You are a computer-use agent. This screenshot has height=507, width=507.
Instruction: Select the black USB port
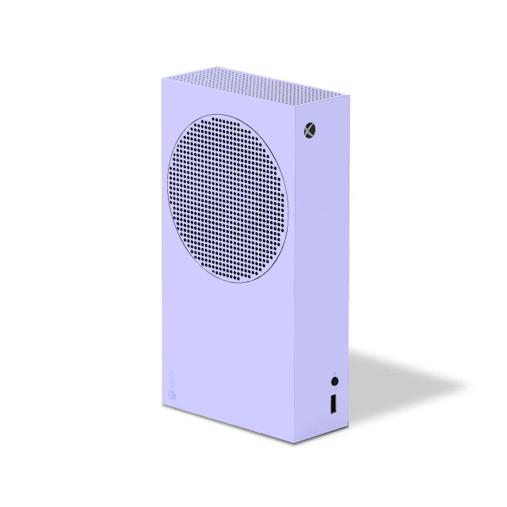[333, 403]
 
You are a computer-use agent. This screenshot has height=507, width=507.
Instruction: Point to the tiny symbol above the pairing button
[335, 373]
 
